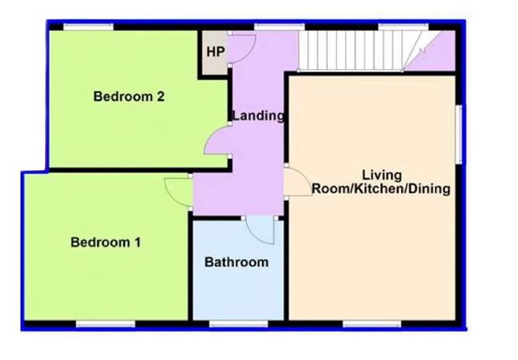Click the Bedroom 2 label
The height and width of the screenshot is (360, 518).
pos(129,97)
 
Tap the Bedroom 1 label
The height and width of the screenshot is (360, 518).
pos(105,242)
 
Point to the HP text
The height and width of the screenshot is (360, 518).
pos(215,53)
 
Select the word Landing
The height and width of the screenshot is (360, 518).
pos(259,116)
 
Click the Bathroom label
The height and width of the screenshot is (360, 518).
pos(237,262)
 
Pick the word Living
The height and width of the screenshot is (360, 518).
pos(382,175)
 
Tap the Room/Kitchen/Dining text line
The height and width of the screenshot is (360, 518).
pos(382,189)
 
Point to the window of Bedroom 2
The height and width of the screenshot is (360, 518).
pos(88,27)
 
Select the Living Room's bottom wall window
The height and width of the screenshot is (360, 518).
pos(367,324)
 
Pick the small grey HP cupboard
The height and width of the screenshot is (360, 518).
pos(212,54)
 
